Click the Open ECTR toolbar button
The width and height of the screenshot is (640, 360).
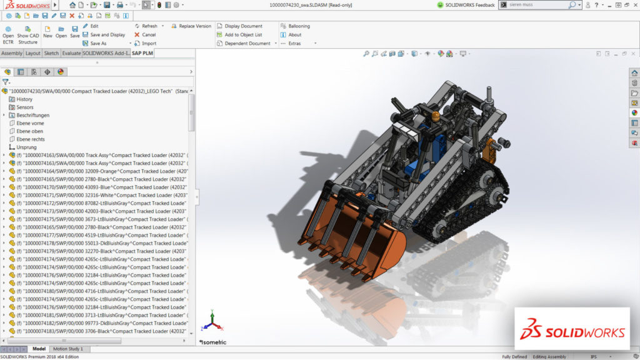[8, 35]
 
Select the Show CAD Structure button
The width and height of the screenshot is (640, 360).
[27, 35]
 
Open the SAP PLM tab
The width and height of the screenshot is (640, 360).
[142, 54]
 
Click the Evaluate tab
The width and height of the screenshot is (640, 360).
[71, 54]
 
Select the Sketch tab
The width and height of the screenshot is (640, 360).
[52, 54]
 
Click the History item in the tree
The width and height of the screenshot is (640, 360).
[24, 99]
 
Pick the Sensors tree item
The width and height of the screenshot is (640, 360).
[25, 107]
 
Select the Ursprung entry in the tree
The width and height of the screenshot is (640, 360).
[26, 147]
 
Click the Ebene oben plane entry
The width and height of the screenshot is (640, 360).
[30, 131]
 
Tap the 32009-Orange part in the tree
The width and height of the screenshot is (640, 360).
[100, 171]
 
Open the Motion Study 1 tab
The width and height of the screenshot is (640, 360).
[67, 349]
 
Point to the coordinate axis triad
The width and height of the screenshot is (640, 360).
[211, 320]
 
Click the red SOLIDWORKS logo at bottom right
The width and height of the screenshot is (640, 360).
[572, 329]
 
